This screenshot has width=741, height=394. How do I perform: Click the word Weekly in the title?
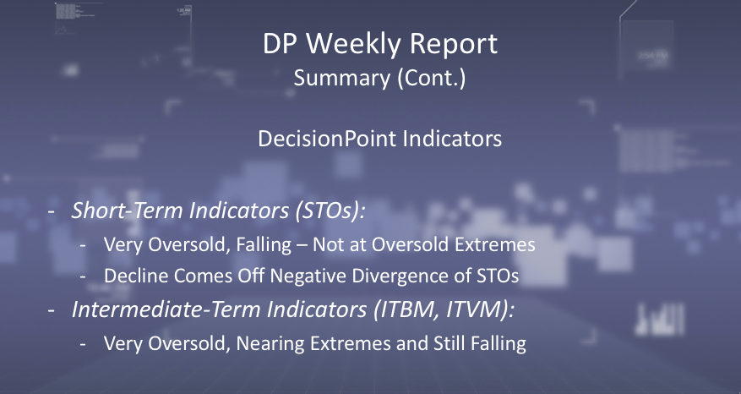353,43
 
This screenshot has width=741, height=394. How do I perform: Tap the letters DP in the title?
280,44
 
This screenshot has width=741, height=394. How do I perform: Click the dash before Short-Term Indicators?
52,211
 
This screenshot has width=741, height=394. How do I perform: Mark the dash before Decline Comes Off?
83,276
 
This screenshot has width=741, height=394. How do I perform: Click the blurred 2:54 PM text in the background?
653,56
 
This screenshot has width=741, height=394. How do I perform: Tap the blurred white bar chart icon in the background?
660,319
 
